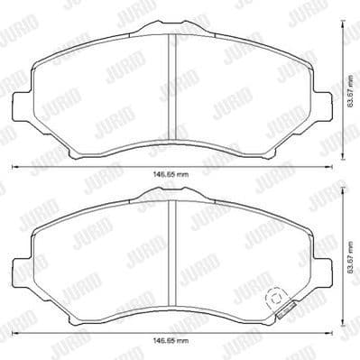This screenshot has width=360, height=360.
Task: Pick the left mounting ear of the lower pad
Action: (x=22, y=267)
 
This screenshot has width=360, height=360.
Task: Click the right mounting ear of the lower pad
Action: (x=323, y=267)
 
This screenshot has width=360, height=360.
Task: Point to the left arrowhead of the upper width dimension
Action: (x=14, y=167)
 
